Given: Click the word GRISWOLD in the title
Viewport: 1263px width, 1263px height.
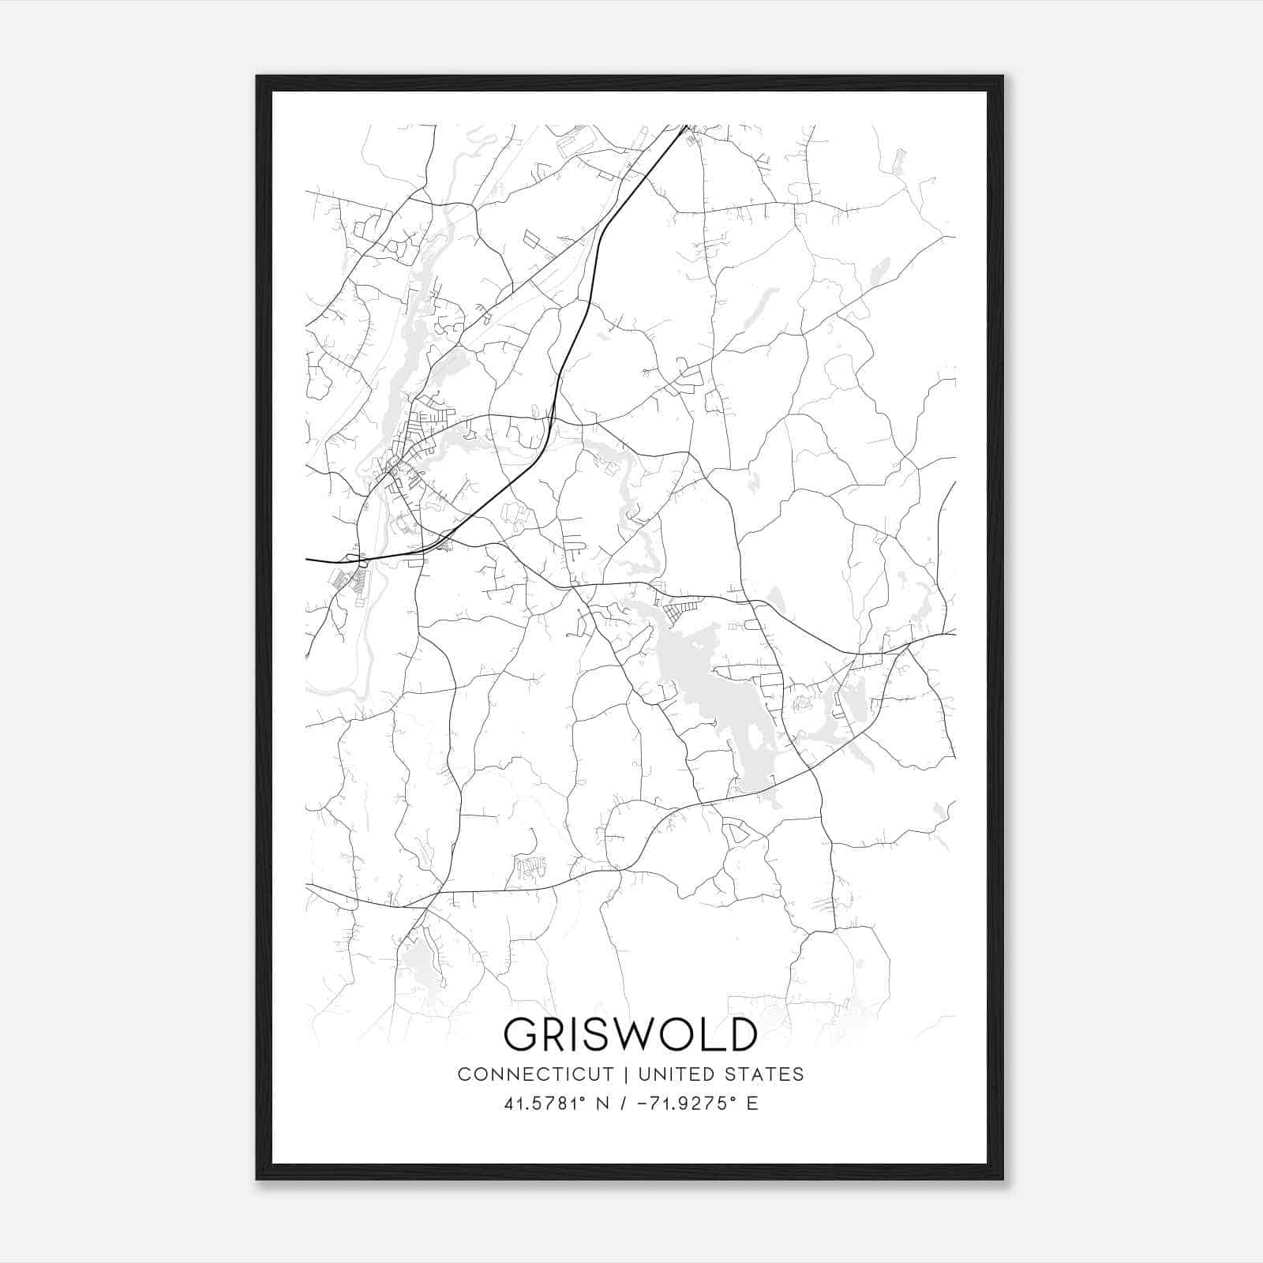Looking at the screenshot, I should [x=630, y=1034].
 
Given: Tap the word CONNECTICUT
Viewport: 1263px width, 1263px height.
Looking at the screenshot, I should [x=535, y=1074].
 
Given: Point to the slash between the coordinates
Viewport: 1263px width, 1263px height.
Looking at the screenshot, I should [x=625, y=1104].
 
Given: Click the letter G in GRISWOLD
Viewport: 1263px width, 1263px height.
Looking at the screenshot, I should [x=522, y=1034].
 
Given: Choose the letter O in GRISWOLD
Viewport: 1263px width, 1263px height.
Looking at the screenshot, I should [x=684, y=1034].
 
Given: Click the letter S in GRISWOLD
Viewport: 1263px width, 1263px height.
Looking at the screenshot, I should [x=599, y=1034].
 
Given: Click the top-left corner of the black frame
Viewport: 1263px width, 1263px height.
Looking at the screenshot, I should [x=258, y=77].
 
